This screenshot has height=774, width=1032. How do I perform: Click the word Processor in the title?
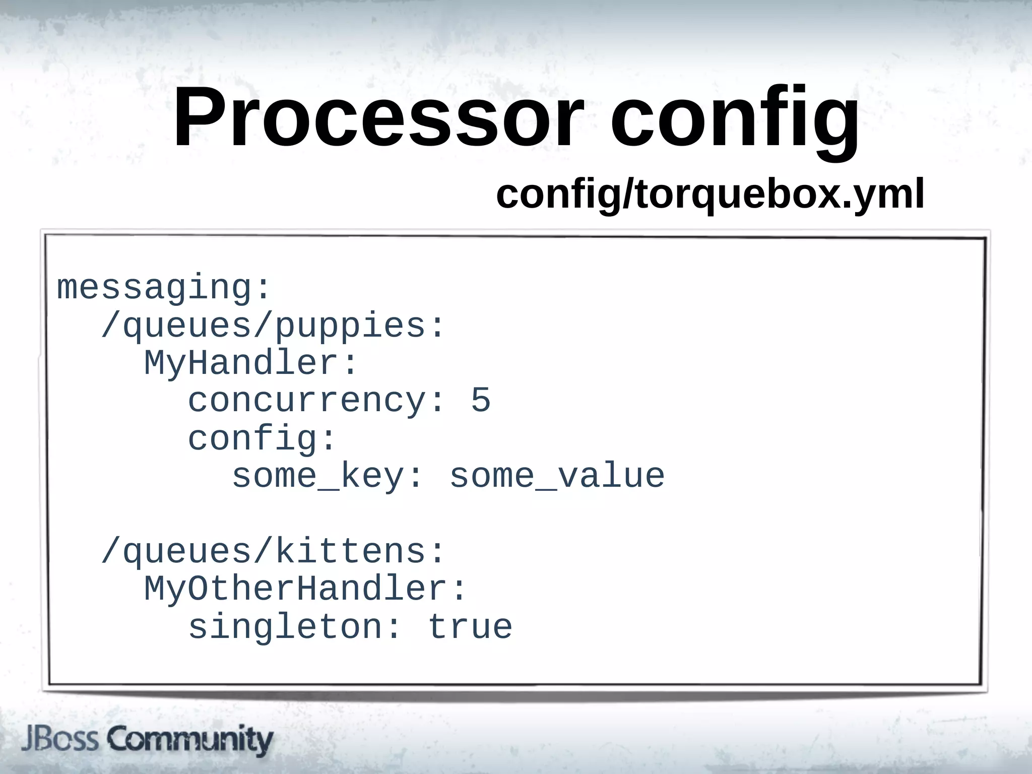tap(378, 118)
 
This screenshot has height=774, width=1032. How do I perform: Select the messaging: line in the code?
tap(164, 288)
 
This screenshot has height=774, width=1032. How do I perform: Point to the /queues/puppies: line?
tap(273, 326)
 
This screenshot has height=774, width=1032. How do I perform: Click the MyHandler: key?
tap(251, 363)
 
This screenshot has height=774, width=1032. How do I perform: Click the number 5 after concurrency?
tap(481, 401)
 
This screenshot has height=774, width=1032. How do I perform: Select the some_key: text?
tap(327, 476)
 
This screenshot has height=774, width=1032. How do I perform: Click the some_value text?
tap(557, 476)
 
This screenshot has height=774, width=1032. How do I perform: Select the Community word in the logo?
tap(189, 739)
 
